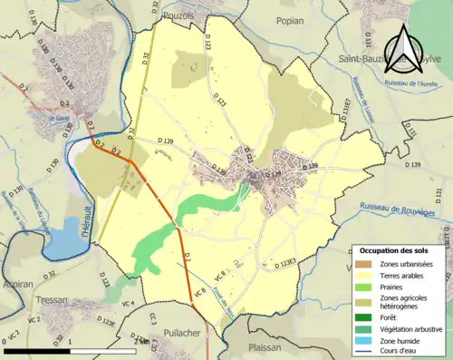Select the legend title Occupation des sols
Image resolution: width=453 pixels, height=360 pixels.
click(395, 249)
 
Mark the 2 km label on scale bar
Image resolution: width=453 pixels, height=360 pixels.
click(140, 341)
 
